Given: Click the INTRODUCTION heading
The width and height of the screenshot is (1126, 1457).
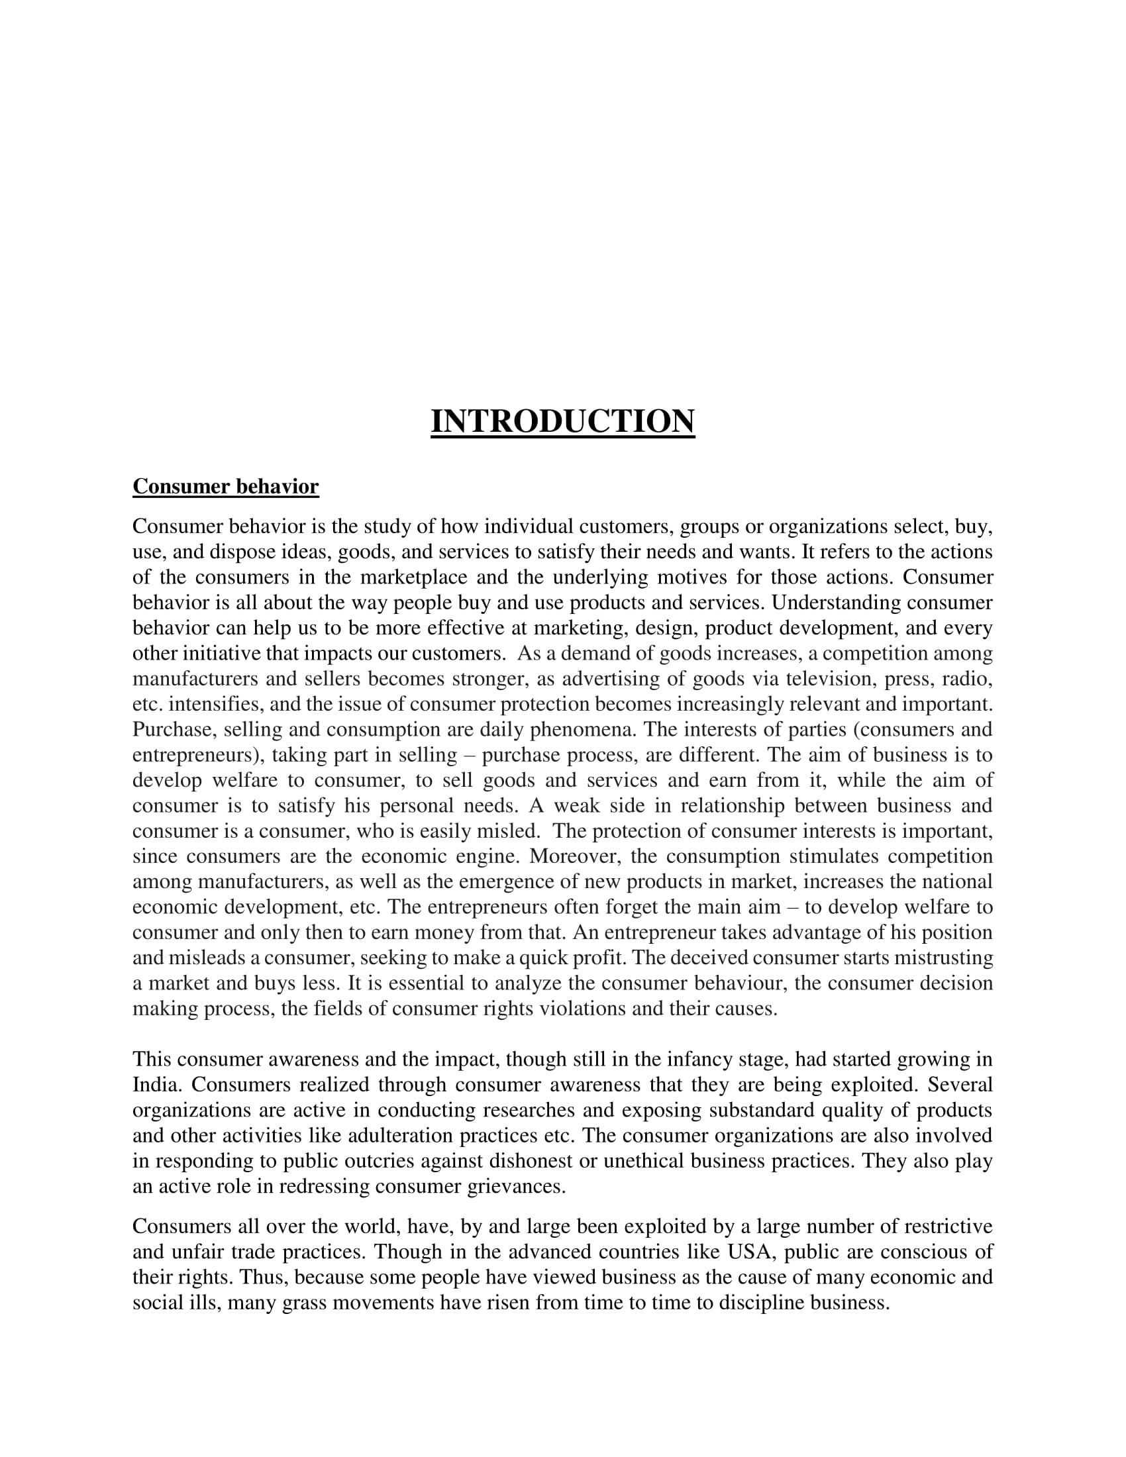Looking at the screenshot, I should click(x=562, y=422).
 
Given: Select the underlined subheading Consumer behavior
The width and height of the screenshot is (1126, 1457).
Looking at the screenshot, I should click(x=225, y=486).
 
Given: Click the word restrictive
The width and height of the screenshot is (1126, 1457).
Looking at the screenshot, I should click(x=947, y=1225).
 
